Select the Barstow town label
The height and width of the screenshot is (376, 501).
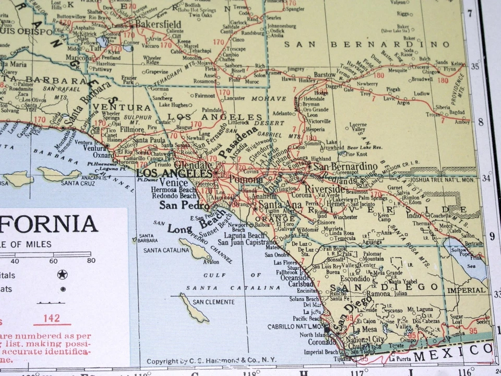coord(324,75)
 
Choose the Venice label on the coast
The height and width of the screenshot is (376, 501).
coord(174,182)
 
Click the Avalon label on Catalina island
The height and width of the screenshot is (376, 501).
coord(210,262)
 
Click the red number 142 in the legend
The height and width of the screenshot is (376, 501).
coord(52,318)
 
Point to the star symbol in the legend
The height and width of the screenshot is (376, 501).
coord(62,275)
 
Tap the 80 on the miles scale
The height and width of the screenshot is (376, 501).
coord(91,261)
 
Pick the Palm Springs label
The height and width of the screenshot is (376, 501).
coord(372,198)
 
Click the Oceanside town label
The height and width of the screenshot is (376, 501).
coord(295,277)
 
